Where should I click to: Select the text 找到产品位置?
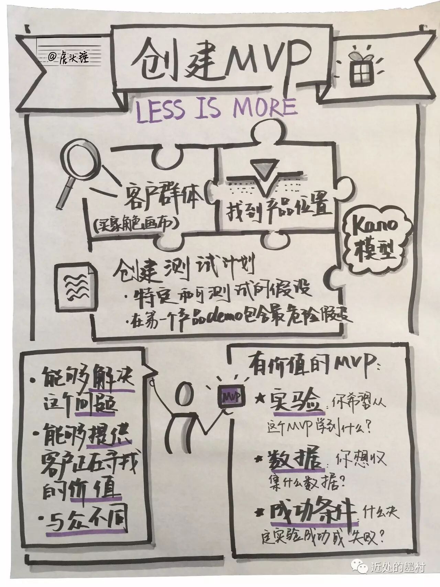click(279, 208)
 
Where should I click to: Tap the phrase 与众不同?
click(88, 522)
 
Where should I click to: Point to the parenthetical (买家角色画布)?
click(136, 224)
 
